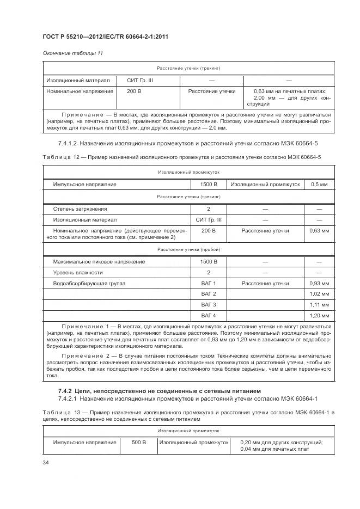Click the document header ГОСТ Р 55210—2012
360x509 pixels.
(x=96, y=36)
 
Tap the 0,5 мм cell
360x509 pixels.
(x=319, y=185)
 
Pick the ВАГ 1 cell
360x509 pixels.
(x=208, y=284)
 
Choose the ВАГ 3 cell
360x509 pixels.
(x=208, y=304)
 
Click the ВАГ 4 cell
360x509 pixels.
(x=208, y=315)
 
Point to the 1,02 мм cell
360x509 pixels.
(x=319, y=294)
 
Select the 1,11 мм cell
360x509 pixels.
(x=319, y=304)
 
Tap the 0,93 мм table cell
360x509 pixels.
(x=319, y=284)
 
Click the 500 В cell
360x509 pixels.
(x=139, y=443)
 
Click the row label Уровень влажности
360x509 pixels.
(x=78, y=273)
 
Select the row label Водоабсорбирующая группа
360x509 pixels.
(x=89, y=284)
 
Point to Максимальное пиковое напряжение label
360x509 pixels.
(x=99, y=262)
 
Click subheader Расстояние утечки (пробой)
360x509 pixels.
(x=188, y=250)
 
